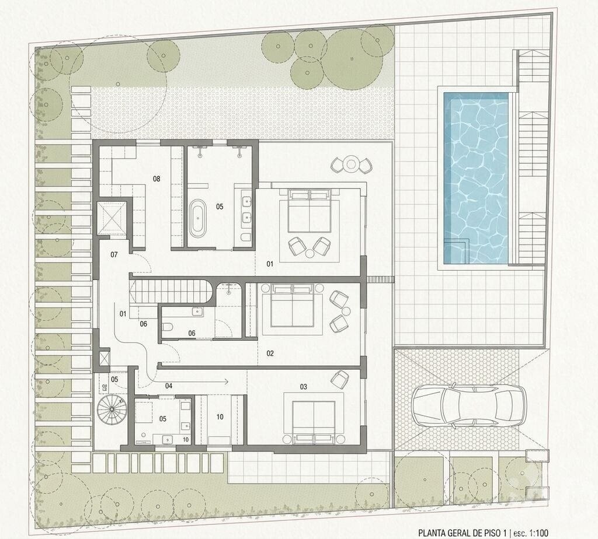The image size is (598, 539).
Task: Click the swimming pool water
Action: pos(475,178)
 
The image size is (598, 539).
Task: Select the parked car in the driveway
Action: pos(469,405)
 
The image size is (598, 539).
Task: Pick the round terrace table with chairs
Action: pos(351,164)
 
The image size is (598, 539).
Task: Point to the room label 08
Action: pos(157,178)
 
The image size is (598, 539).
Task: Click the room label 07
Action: pos(114,254)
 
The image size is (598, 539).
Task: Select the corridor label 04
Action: pos(169,386)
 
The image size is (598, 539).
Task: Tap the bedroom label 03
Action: pos(303,387)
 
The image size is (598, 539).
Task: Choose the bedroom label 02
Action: pos(270,353)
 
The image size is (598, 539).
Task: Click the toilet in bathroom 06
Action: pos(168,327)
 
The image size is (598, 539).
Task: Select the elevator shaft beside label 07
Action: pos(112,220)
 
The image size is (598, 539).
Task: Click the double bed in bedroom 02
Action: pos(292,306)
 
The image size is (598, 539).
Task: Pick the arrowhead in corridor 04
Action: pos(226,381)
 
